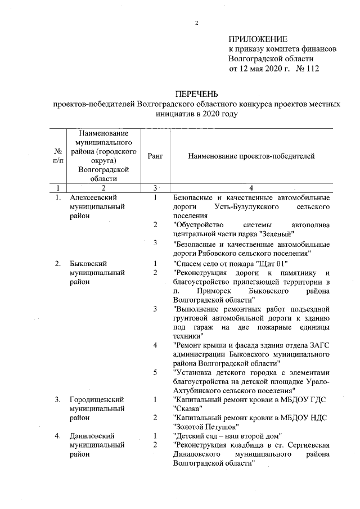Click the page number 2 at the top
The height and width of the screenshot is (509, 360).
click(x=197, y=22)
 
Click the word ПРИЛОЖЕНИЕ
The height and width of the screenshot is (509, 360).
click(x=258, y=39)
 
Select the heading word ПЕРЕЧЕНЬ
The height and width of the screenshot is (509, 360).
click(x=197, y=93)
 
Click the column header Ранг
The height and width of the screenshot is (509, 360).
click(x=155, y=156)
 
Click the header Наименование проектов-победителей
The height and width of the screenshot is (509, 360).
click(x=251, y=156)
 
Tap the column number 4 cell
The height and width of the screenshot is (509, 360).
click(x=251, y=187)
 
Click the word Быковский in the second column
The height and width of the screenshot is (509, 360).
click(x=87, y=263)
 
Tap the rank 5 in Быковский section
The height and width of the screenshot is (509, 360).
click(x=155, y=372)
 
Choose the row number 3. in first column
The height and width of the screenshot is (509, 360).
click(x=57, y=399)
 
